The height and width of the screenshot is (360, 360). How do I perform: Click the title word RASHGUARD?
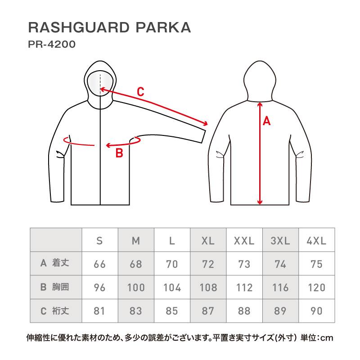click(79, 27)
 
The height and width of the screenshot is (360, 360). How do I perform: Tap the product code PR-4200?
click(52, 44)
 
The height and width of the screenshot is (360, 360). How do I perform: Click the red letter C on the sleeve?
click(140, 92)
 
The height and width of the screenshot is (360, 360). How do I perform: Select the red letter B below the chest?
click(119, 153)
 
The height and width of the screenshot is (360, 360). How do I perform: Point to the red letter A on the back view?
click(266, 121)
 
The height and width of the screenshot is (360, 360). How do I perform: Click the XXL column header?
click(244, 241)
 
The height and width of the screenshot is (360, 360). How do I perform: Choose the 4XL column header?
click(316, 241)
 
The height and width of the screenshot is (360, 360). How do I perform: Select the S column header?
click(99, 241)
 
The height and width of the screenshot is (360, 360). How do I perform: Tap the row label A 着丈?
click(54, 263)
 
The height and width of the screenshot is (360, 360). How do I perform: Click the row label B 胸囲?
click(54, 287)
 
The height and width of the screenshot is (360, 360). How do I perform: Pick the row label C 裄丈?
click(54, 311)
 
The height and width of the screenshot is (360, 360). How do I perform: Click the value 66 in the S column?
click(99, 264)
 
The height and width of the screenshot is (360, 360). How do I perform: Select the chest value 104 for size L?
click(172, 288)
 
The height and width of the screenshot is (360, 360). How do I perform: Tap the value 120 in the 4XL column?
click(316, 288)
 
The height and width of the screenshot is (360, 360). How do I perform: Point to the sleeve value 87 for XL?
click(208, 311)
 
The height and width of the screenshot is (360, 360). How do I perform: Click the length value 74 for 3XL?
click(280, 264)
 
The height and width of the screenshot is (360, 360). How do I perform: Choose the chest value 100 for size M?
click(136, 288)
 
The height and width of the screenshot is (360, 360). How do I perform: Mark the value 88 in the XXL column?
click(244, 311)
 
